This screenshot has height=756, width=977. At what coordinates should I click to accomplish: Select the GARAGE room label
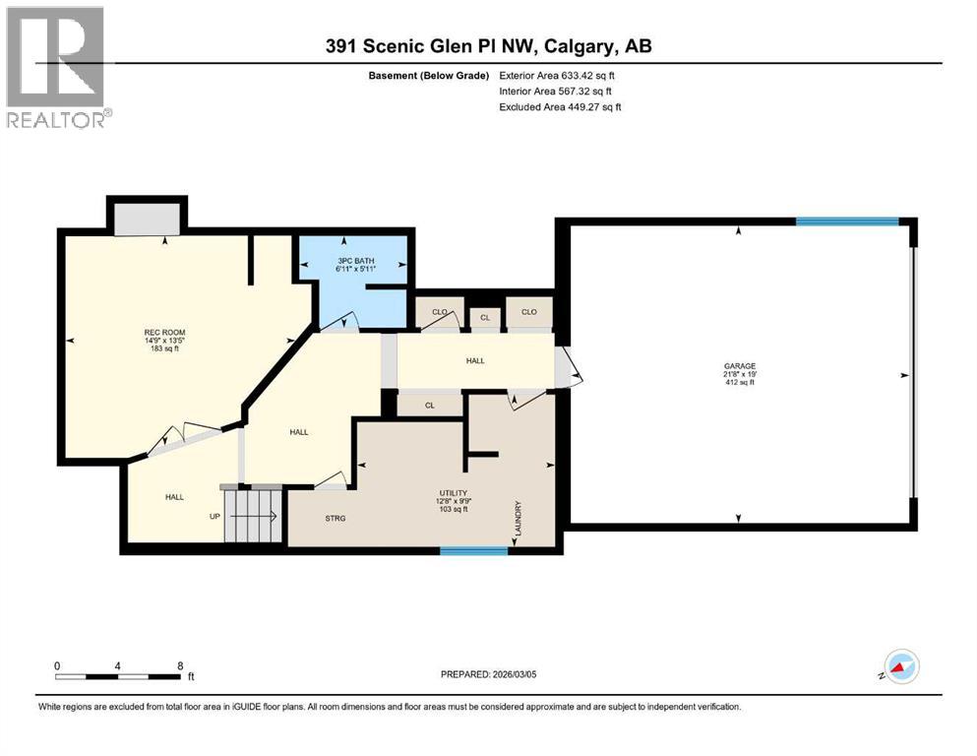pos(739,366)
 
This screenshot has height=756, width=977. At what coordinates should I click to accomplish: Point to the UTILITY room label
pos(453,492)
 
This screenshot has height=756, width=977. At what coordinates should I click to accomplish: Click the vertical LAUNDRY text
pos(516,520)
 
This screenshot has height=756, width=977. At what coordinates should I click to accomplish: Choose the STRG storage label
pos(335,518)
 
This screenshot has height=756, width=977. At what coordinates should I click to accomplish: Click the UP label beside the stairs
pos(214,516)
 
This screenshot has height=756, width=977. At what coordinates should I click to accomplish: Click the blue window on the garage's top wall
pos(846,222)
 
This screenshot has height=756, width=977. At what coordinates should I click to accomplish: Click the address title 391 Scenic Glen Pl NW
pos(488,46)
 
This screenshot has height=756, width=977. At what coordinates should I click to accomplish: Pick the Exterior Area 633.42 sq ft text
pos(561,75)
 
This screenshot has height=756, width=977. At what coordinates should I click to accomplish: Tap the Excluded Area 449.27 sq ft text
pos(561,106)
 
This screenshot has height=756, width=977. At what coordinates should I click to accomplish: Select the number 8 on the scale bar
pos(179,665)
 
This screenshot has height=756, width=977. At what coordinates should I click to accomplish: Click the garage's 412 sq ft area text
pos(739,383)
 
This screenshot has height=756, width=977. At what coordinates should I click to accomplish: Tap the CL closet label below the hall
pos(430,405)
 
